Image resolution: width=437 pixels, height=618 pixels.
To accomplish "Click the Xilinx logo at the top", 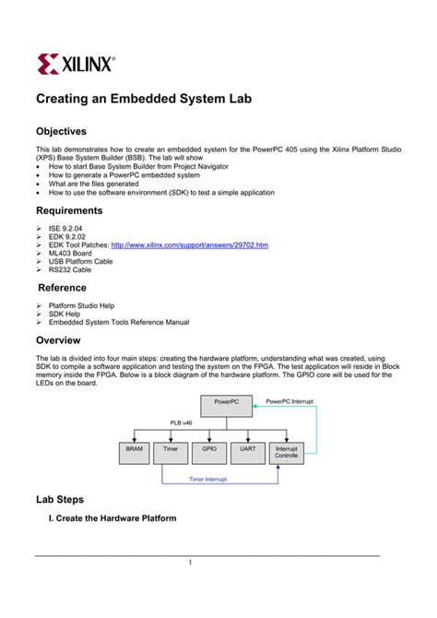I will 76,63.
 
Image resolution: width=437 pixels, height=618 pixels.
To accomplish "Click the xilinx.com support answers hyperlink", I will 189,245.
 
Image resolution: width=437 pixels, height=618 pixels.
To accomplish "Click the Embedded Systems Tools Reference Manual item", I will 119,322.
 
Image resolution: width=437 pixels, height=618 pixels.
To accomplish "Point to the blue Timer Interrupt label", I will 208,480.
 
